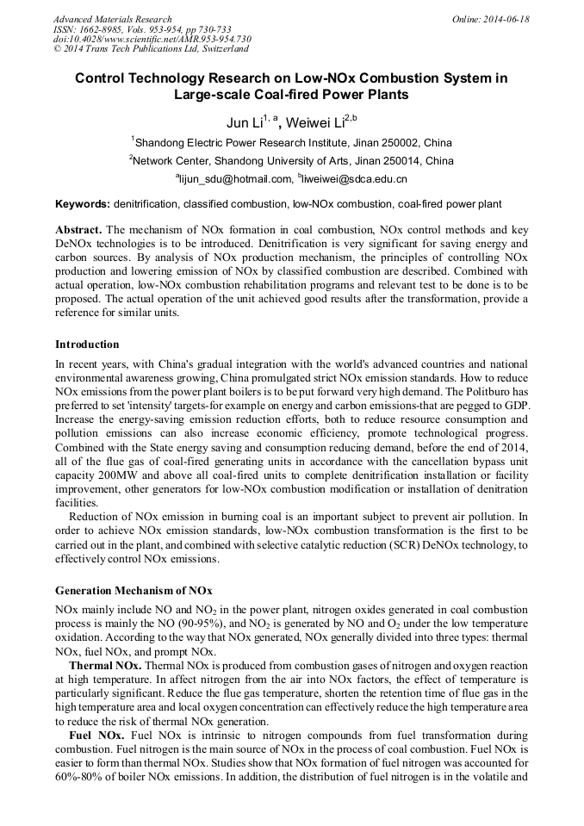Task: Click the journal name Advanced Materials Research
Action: pos(112,19)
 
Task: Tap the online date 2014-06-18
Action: pos(504,19)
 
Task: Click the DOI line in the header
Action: pos(152,40)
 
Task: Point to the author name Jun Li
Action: pos(245,123)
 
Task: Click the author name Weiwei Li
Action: pos(314,123)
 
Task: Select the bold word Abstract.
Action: pos(78,231)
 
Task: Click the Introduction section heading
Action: pos(87,345)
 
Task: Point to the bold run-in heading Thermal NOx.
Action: pos(105,667)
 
